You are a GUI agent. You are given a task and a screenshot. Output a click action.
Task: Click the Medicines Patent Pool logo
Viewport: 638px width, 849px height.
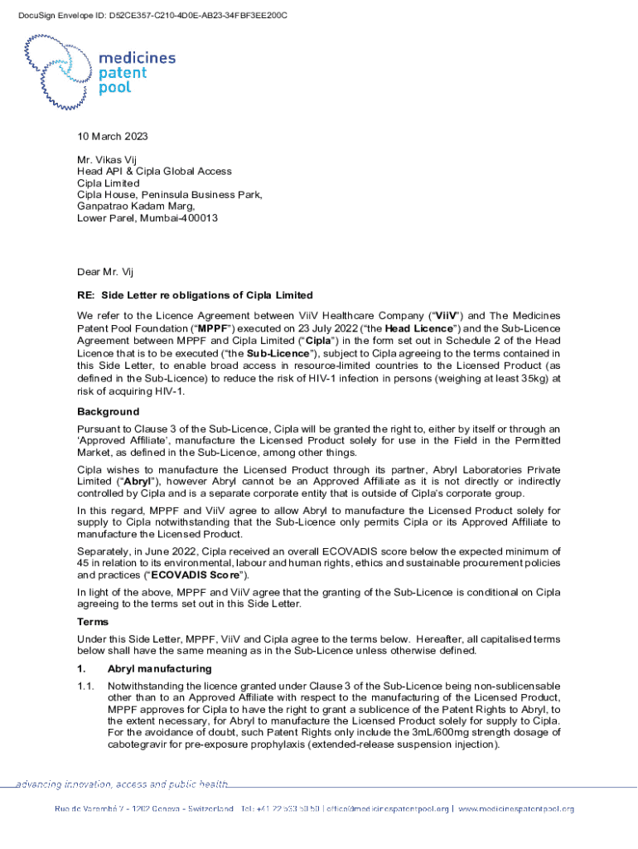click(x=99, y=72)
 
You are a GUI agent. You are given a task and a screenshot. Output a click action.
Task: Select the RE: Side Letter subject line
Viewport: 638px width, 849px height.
click(x=195, y=295)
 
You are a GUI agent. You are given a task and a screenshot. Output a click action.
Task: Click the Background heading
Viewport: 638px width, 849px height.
click(x=108, y=412)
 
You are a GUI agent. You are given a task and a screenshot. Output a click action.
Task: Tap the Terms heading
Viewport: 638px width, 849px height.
click(x=93, y=621)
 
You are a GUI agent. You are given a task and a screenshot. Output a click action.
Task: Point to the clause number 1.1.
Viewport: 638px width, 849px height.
click(x=85, y=686)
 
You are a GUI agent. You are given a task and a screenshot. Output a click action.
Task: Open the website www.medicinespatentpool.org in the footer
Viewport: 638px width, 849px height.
click(x=516, y=808)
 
